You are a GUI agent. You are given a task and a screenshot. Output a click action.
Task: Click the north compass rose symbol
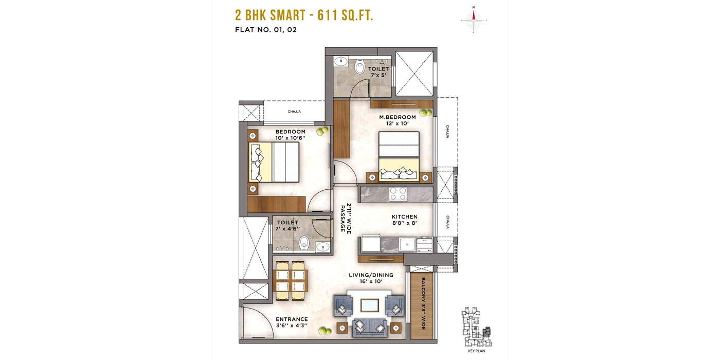coord(474,20)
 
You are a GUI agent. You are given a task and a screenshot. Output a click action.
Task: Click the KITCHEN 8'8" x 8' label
coord(404,220)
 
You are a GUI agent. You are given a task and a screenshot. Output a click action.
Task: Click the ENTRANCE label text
coord(292,319)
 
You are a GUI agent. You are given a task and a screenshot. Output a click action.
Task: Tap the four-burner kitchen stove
coord(398,194)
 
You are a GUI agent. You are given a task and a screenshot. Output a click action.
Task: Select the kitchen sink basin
coord(407,245)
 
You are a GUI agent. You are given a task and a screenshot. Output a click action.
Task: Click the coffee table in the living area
coord(370,305)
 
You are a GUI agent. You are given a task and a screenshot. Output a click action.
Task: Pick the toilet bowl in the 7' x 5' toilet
coord(359,67)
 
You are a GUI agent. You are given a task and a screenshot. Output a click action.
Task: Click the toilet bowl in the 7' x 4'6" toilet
coord(304,243)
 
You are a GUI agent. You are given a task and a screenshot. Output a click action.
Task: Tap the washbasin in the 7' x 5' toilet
coord(340,61)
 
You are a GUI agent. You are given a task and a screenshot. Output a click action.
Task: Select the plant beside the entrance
coord(325,330)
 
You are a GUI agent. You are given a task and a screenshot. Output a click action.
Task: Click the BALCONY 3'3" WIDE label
coord(423,304)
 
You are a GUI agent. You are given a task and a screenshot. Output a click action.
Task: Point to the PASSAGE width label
coord(346,218)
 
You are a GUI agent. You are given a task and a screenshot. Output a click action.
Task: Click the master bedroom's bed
coord(399,156)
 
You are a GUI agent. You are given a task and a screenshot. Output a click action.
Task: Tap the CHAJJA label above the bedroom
coord(294,112)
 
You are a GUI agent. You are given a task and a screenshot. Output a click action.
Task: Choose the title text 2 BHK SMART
coord(271,15)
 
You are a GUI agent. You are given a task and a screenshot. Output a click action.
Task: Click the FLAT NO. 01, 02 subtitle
coord(266,30)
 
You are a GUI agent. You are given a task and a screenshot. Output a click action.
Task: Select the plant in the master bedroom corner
coord(426,112)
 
